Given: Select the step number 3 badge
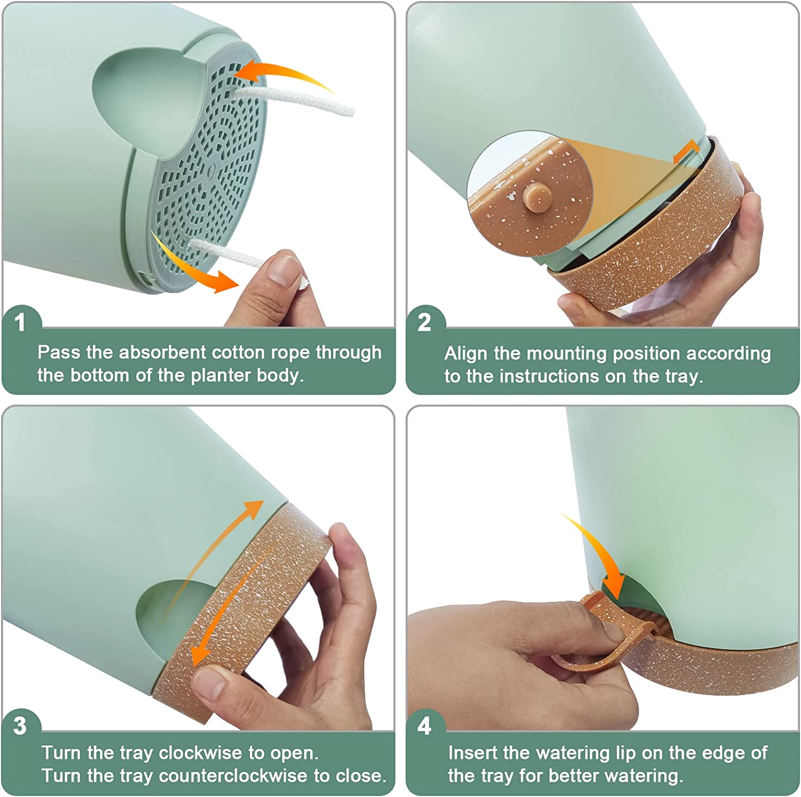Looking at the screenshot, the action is click(x=20, y=726).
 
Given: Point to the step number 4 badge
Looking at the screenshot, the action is click(x=424, y=726).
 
